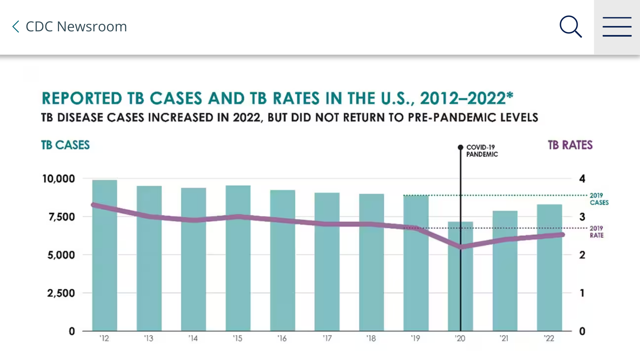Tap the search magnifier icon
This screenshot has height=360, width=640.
pos(571,27)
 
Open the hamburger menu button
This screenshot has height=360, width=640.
pos(617,27)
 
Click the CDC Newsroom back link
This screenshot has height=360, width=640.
pos(70,27)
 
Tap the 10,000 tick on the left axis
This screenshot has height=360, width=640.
pos(59,179)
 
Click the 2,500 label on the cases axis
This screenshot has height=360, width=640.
pos(61,293)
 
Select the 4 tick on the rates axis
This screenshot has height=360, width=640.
pos(582,179)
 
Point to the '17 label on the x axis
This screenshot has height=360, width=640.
pos(327,338)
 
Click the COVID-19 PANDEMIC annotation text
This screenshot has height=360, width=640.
pos(482,151)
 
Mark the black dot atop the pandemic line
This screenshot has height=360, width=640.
pos(460,147)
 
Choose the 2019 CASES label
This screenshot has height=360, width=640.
pos(599,199)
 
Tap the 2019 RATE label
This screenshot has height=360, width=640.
pos(597,232)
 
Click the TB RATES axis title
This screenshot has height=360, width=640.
pos(570,145)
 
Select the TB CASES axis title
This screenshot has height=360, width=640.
pos(65,145)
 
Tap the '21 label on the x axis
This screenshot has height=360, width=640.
pos(504,338)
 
